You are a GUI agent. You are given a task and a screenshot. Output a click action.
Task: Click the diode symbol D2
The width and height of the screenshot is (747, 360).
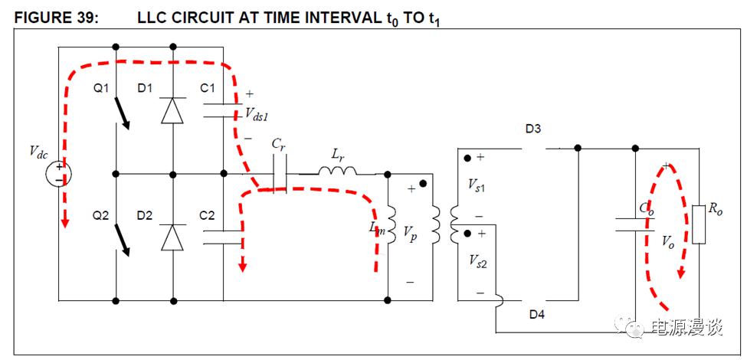pos(173,238)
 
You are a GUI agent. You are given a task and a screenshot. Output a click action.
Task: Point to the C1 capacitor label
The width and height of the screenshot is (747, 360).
pos(208,89)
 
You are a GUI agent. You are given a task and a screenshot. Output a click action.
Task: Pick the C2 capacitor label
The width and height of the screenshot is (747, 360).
pos(208,216)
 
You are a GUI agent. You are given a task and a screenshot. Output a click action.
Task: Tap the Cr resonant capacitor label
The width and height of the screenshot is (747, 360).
pos(279,142)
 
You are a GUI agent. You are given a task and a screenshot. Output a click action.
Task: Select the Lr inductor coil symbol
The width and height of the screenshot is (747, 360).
pos(338,169)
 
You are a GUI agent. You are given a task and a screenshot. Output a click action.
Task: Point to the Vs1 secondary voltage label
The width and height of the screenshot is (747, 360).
pos(477,186)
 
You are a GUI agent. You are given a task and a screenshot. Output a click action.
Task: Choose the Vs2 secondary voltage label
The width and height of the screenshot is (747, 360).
pos(477,261)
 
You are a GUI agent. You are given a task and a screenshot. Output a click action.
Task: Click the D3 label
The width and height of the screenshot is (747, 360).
pos(533,129)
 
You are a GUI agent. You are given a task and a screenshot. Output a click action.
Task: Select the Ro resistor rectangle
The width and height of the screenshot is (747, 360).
pos(698,224)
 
